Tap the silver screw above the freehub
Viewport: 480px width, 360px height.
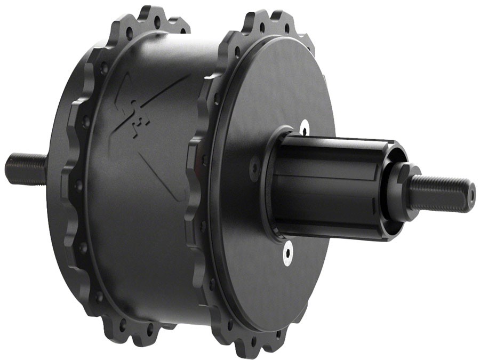pos(304,127)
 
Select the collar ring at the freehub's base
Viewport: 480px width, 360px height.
pos(277,184)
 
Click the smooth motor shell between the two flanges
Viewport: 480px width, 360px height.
pos(144,224)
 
